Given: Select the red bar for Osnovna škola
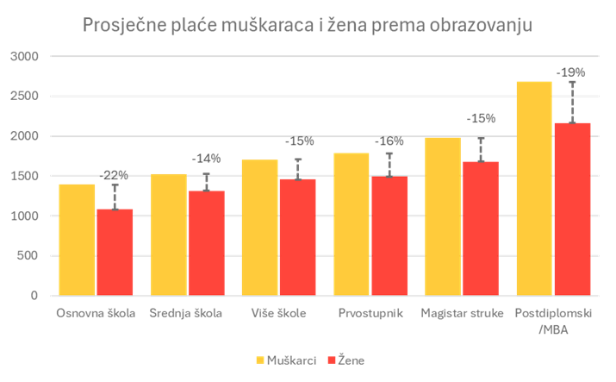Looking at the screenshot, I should point(114,252).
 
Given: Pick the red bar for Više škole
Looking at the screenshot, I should point(298,237).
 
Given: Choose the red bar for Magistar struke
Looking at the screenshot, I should point(481,229).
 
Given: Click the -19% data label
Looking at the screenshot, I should point(570,72).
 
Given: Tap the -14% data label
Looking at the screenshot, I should point(206,159).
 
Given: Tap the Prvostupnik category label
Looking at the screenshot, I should point(370,313).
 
